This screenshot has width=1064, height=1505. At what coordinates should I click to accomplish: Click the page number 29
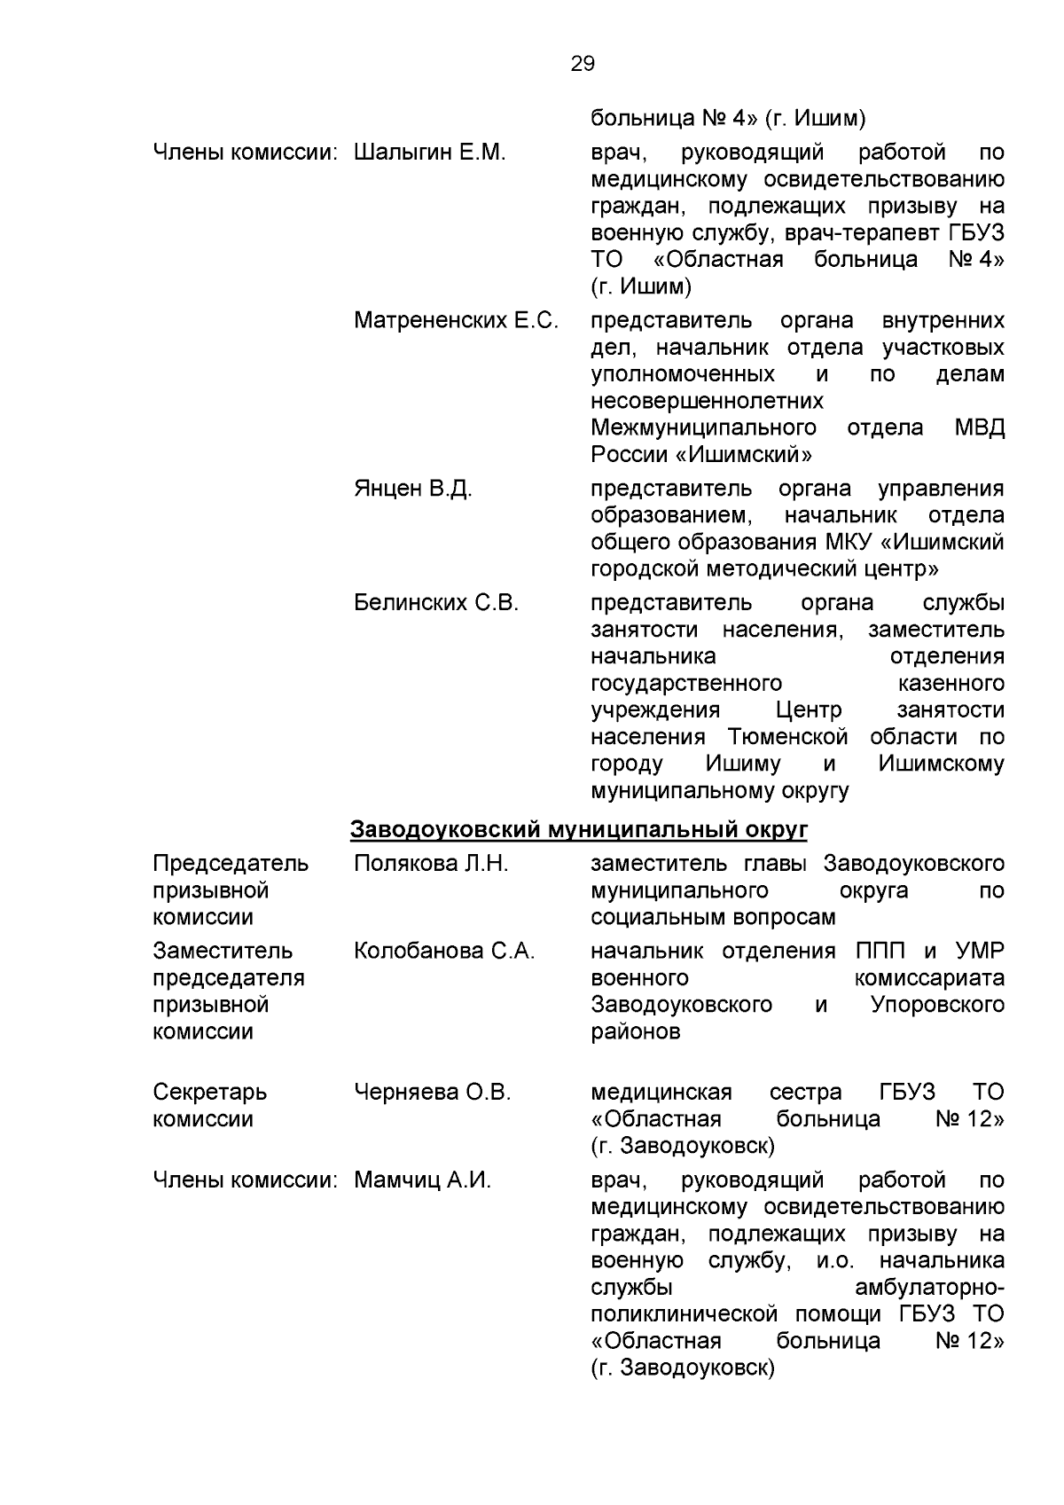click(583, 64)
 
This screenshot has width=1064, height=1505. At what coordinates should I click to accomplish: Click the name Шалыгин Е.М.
click(429, 153)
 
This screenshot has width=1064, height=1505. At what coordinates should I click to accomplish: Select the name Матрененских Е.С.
click(456, 320)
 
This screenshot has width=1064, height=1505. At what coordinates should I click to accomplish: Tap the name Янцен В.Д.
click(412, 489)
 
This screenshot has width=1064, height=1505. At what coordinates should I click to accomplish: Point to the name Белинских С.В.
click(435, 603)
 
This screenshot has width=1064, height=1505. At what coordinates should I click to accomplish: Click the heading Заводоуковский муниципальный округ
click(579, 830)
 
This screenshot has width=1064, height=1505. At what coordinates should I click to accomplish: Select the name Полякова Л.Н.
click(431, 864)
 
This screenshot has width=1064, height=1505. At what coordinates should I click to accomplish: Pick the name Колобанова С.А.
click(444, 952)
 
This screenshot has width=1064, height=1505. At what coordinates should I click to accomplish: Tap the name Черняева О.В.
click(432, 1093)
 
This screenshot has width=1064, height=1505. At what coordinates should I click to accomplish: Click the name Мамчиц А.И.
click(422, 1180)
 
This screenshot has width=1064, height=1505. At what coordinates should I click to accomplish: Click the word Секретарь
click(209, 1093)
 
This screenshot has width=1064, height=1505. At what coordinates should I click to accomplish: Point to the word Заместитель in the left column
click(223, 952)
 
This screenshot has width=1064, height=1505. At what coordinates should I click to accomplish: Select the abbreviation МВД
click(980, 427)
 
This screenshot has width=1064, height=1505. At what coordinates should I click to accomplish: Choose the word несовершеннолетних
click(707, 401)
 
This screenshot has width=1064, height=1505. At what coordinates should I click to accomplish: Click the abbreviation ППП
click(881, 952)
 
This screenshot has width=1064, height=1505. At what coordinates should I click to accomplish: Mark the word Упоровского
click(937, 1005)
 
